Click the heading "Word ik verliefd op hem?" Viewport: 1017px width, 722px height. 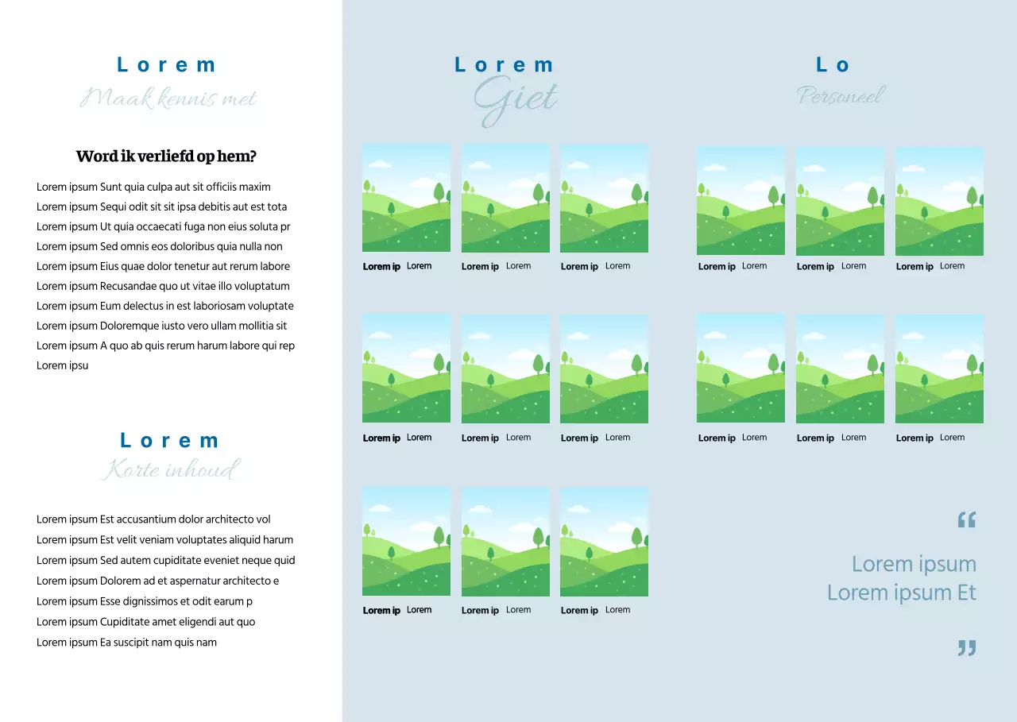tap(166, 156)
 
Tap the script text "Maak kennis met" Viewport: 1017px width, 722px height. tap(168, 98)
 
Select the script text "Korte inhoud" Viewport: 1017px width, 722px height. tap(168, 469)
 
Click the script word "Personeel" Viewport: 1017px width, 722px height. tap(841, 96)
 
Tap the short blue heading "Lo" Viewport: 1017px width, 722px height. tap(833, 65)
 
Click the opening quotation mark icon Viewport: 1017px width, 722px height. tap(966, 521)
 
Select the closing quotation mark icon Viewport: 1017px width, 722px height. tap(966, 648)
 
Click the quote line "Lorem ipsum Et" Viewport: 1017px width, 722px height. tap(901, 593)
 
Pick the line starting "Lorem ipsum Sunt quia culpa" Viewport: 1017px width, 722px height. tap(153, 187)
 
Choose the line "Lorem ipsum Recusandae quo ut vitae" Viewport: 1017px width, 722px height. tap(163, 287)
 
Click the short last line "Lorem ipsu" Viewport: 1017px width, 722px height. tap(62, 366)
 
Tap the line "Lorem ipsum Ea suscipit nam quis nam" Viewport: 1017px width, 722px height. tap(126, 643)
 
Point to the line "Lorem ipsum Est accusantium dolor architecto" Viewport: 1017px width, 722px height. tap(153, 519)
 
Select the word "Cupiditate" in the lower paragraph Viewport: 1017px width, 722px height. tap(126, 622)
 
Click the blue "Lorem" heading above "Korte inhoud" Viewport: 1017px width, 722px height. tap(169, 441)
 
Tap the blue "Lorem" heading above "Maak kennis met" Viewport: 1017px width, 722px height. tap(166, 65)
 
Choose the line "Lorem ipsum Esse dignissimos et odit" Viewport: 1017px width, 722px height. tap(145, 601)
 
